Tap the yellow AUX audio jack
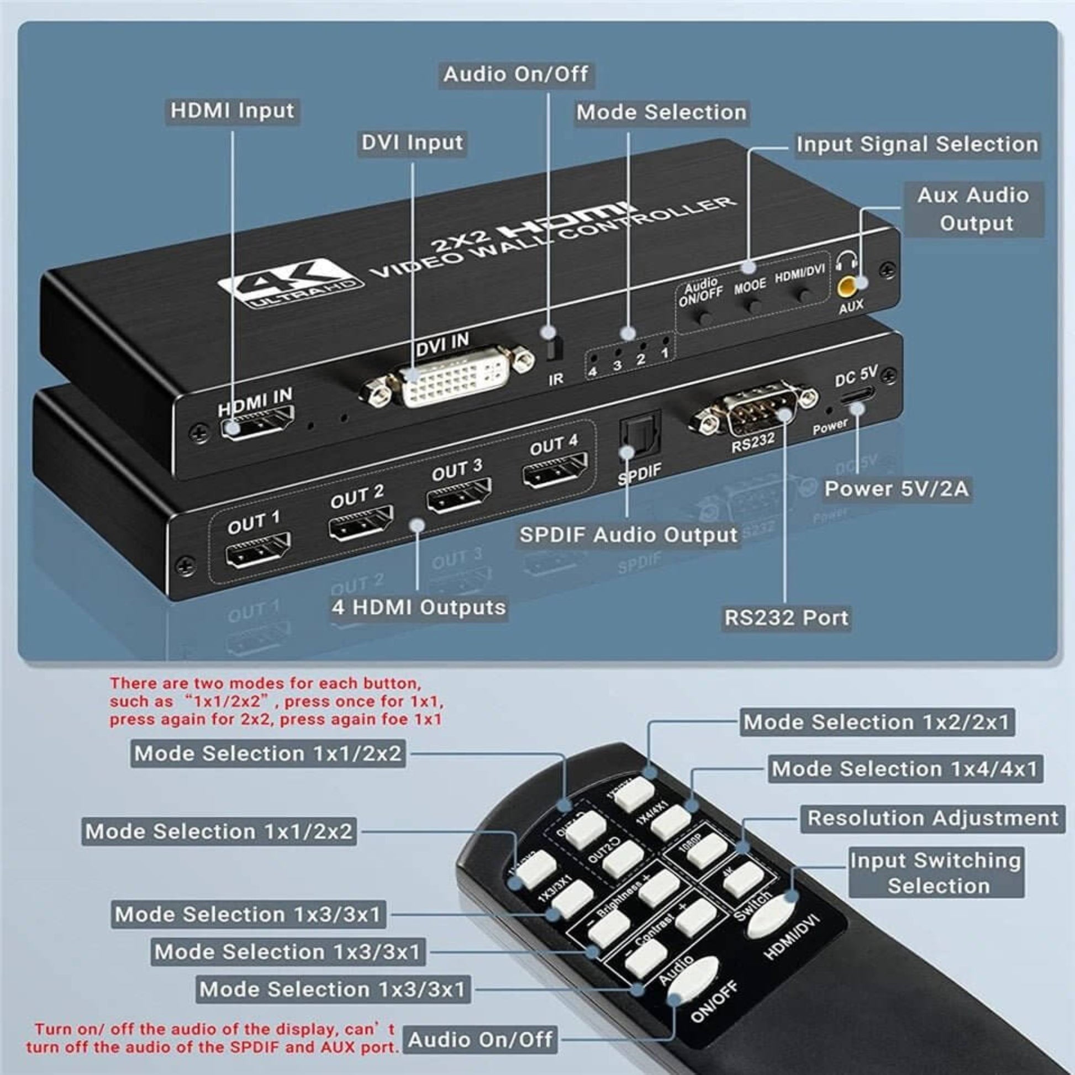tap(847, 287)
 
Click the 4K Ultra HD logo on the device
tap(291, 282)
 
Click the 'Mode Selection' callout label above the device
tap(661, 113)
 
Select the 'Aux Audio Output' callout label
tap(973, 209)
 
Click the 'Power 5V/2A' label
tap(897, 489)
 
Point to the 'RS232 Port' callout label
tap(786, 618)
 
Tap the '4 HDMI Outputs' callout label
tap(418, 607)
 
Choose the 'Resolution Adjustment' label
tap(932, 819)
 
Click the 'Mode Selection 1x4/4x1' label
tap(905, 769)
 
